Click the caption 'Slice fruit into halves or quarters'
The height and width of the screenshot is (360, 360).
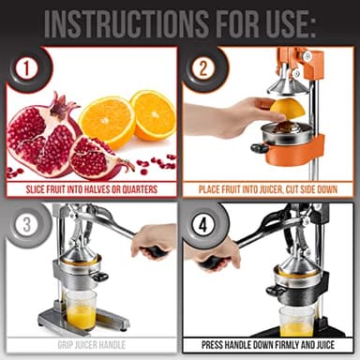pyautogui.click(x=92, y=188)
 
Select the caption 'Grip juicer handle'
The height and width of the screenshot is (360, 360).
pyautogui.click(x=91, y=344)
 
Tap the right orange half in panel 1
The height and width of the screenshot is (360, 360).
pyautogui.click(x=153, y=113)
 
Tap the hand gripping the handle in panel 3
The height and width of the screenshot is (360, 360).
pyautogui.click(x=154, y=241)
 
